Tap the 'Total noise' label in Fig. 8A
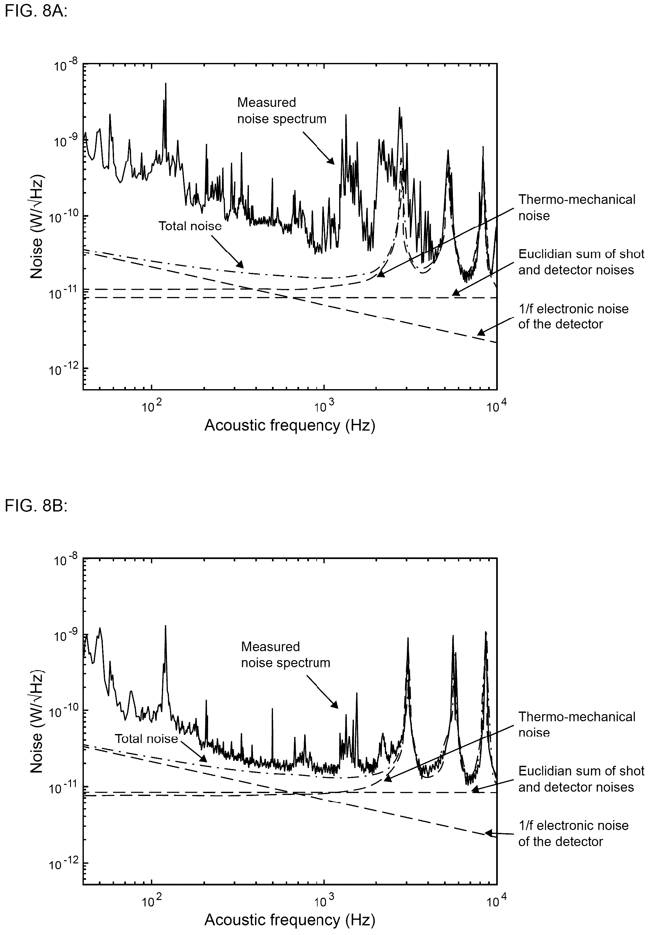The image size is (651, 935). pyautogui.click(x=190, y=226)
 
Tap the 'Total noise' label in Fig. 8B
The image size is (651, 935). pyautogui.click(x=146, y=738)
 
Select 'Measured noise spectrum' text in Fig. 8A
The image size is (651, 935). pyautogui.click(x=282, y=110)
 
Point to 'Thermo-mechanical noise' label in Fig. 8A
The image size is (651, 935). pyautogui.click(x=576, y=207)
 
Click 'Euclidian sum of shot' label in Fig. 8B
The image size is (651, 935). pyautogui.click(x=581, y=771)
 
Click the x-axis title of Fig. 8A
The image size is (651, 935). pyautogui.click(x=290, y=425)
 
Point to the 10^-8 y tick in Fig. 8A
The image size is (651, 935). pyautogui.click(x=66, y=66)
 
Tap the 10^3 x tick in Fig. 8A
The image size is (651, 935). pyautogui.click(x=324, y=406)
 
